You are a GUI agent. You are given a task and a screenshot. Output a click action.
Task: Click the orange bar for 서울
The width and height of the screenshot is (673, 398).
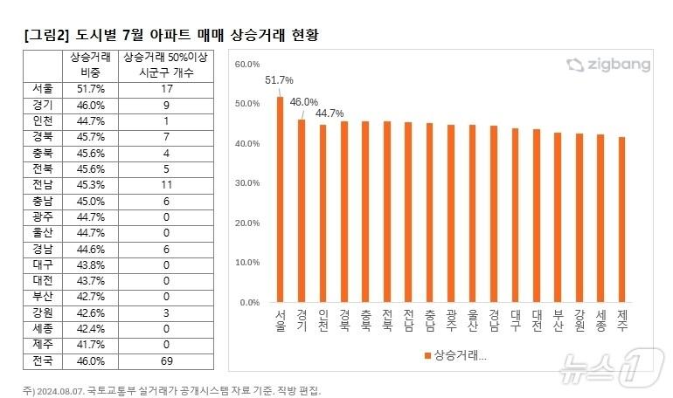tap(280, 199)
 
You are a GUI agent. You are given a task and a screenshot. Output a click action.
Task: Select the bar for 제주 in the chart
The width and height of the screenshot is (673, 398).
tap(621, 219)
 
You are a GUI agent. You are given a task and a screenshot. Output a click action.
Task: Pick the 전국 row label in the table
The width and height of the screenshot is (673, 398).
tap(41, 360)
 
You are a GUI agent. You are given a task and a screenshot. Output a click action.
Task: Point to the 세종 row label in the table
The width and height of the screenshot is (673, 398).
tap(41, 328)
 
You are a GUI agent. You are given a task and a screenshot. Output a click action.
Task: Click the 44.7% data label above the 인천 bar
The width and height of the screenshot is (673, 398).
tap(329, 113)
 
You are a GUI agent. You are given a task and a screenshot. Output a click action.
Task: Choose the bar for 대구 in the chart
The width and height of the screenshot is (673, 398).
tap(514, 215)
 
